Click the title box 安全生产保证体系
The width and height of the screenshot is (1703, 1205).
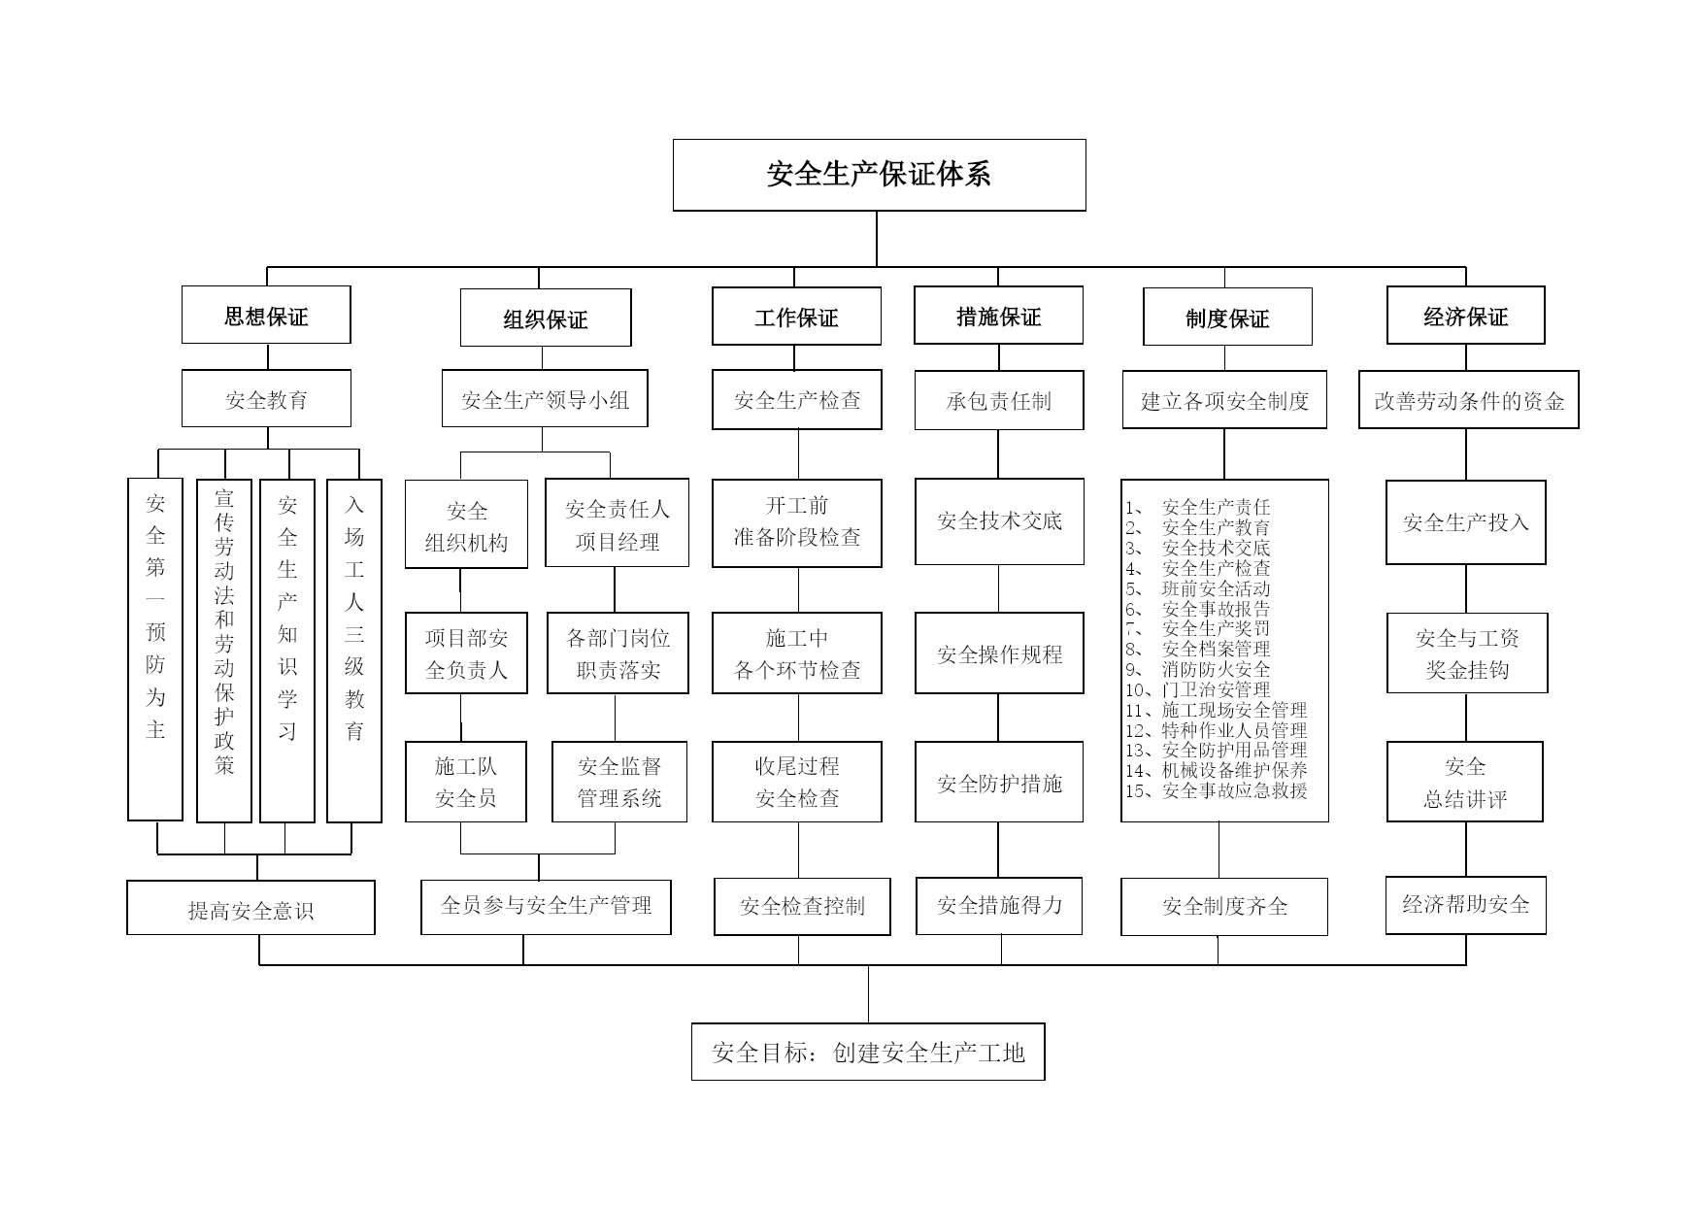tap(879, 175)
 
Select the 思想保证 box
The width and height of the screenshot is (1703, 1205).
tap(266, 315)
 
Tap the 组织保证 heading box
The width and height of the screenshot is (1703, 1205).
tap(546, 318)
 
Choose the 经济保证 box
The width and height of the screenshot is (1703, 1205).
tap(1465, 315)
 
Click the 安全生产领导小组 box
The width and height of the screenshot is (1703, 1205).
tap(545, 398)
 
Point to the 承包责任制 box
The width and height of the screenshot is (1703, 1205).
tap(999, 400)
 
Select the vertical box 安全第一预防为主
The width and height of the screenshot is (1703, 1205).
tap(155, 650)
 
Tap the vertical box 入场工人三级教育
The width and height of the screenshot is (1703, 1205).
tap(354, 651)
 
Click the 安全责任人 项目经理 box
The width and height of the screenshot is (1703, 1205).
tap(617, 522)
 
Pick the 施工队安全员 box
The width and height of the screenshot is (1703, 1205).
tap(466, 782)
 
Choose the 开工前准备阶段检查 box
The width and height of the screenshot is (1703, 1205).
tap(797, 522)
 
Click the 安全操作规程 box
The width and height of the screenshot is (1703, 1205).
tap(999, 653)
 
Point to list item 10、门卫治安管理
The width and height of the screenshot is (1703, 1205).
tap(1198, 689)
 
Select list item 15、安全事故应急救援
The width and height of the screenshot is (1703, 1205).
tap(1217, 790)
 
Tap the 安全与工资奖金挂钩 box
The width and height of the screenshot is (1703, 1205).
tap(1467, 653)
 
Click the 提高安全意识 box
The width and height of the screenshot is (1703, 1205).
tap(250, 908)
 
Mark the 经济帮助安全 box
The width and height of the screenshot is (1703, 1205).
tap(1465, 905)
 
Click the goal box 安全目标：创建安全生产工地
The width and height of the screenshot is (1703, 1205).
tap(868, 1052)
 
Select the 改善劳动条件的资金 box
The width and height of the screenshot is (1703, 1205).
tap(1469, 399)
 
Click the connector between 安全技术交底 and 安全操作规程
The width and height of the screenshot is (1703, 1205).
tap(999, 588)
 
